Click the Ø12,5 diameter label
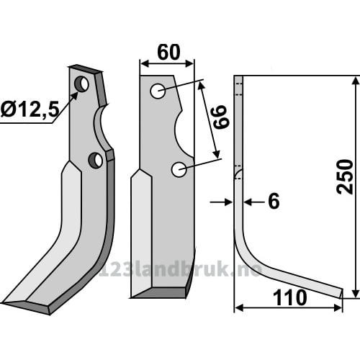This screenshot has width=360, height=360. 30,109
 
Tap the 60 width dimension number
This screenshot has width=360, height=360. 168,52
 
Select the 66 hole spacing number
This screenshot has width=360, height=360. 220,117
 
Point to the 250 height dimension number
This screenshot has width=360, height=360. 345,176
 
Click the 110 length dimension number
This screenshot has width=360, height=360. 289,297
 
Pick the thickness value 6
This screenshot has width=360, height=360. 274,201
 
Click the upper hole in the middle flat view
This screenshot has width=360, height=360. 158,91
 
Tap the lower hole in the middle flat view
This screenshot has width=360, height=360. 179,170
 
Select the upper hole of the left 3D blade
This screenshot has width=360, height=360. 81,84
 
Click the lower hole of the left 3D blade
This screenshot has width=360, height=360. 96,160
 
